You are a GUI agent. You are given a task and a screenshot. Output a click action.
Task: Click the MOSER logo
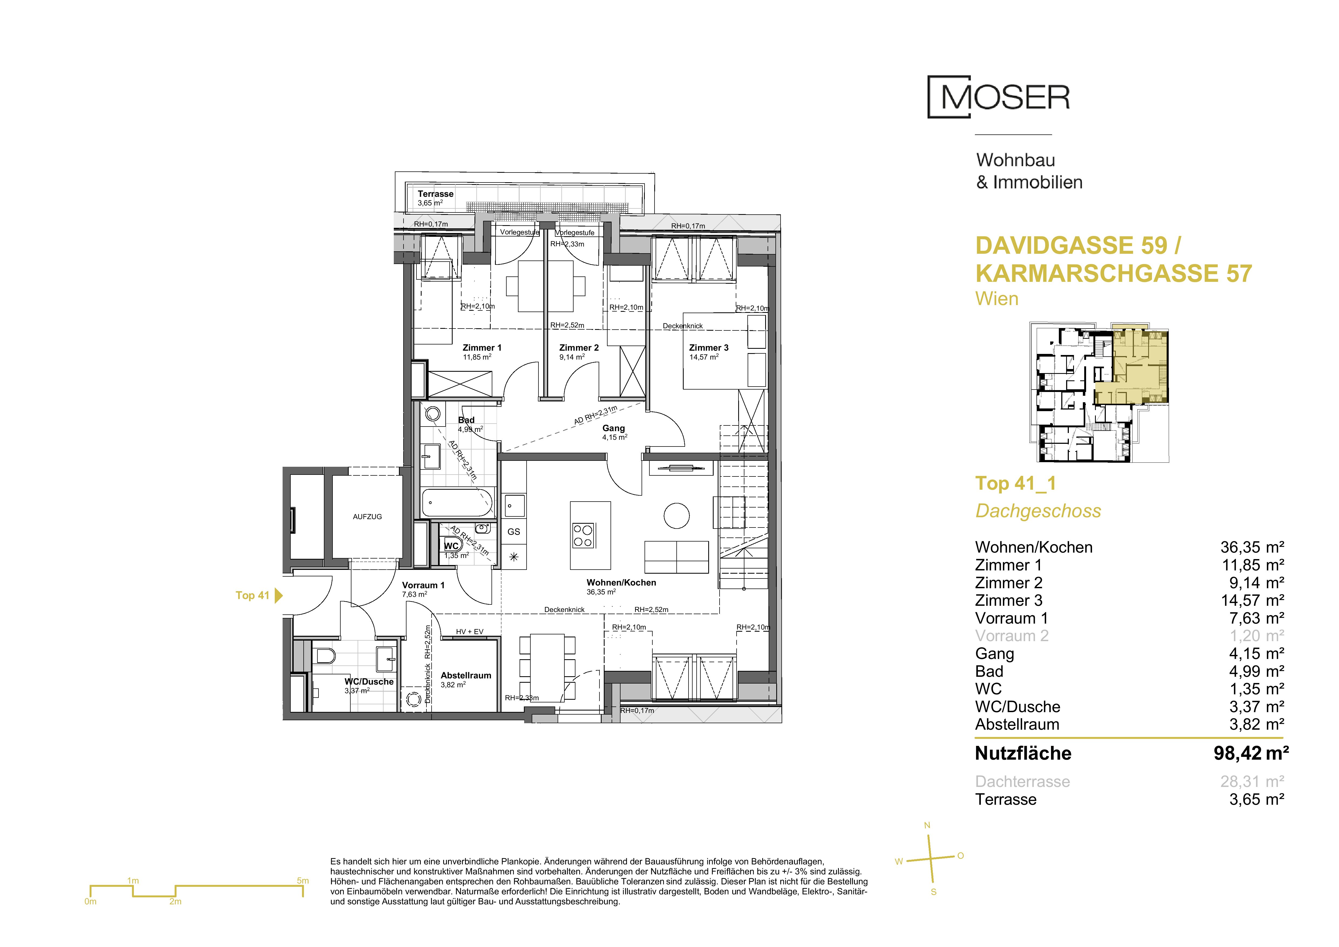pos(998,97)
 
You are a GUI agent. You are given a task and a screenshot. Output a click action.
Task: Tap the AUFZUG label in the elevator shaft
pos(367,517)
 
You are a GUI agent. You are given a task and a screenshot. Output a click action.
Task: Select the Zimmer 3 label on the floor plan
pos(709,347)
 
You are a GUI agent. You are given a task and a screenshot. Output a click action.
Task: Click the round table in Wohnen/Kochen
pos(676,516)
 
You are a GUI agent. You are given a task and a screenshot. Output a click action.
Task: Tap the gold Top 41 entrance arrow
pos(279,595)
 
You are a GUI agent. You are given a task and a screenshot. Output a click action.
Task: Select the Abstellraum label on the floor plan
pos(466,675)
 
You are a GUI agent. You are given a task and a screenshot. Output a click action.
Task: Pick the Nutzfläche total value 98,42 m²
pos(1251,753)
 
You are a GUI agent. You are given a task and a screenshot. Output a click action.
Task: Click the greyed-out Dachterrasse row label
pos(1022,782)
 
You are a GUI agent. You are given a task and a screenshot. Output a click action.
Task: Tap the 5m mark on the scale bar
pos(303,881)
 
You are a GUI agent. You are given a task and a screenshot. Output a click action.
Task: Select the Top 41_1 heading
pos(1015,483)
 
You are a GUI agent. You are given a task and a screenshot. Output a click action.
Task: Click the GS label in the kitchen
pos(514,532)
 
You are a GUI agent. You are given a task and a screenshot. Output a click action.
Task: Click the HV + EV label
pos(469,631)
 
